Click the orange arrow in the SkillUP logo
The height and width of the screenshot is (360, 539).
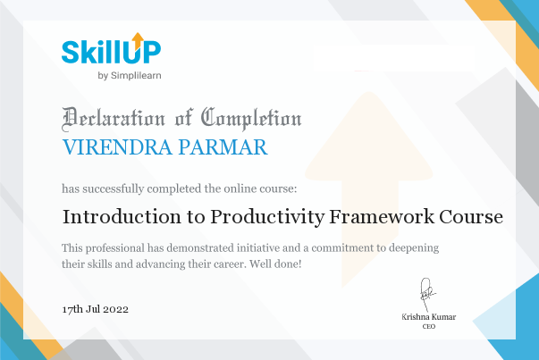pyautogui.click(x=138, y=40)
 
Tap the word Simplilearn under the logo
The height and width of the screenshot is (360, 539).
pyautogui.click(x=136, y=76)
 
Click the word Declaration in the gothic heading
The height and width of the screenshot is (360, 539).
pyautogui.click(x=114, y=119)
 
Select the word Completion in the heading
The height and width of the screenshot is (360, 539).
pyautogui.click(x=251, y=119)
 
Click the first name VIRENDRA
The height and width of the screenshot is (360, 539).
pyautogui.click(x=117, y=147)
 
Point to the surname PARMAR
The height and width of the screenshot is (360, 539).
pyautogui.click(x=223, y=147)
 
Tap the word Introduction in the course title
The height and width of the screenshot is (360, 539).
pyautogui.click(x=122, y=217)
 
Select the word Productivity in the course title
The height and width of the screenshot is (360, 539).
pyautogui.click(x=267, y=217)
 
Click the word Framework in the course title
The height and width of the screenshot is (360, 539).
pyautogui.click(x=382, y=217)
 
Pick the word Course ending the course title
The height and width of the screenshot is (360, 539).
pyautogui.click(x=471, y=217)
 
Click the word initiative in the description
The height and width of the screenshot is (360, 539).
pyautogui.click(x=258, y=247)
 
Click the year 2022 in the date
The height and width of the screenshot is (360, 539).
pyautogui.click(x=115, y=309)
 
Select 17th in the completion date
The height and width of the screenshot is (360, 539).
pyautogui.click(x=72, y=309)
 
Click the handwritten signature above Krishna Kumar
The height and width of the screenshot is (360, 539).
pyautogui.click(x=427, y=295)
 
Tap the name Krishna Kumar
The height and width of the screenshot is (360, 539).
pyautogui.click(x=429, y=317)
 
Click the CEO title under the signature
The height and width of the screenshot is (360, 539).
pyautogui.click(x=429, y=326)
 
